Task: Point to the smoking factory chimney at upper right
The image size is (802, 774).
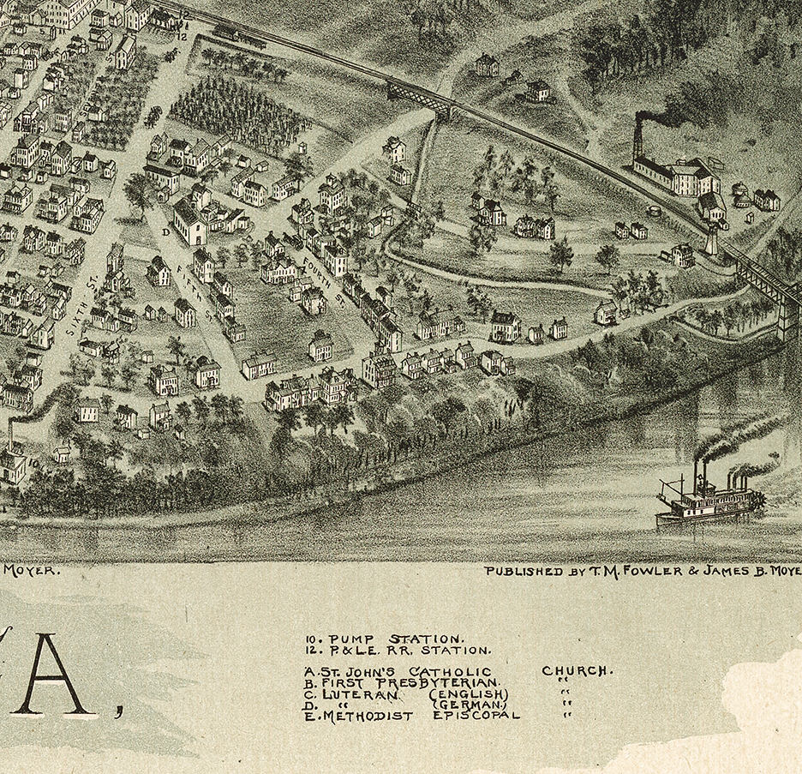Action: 637,138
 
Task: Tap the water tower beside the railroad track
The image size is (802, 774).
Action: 710,241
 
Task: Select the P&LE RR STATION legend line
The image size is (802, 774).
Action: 398,651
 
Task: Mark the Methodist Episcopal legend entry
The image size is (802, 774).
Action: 411,715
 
